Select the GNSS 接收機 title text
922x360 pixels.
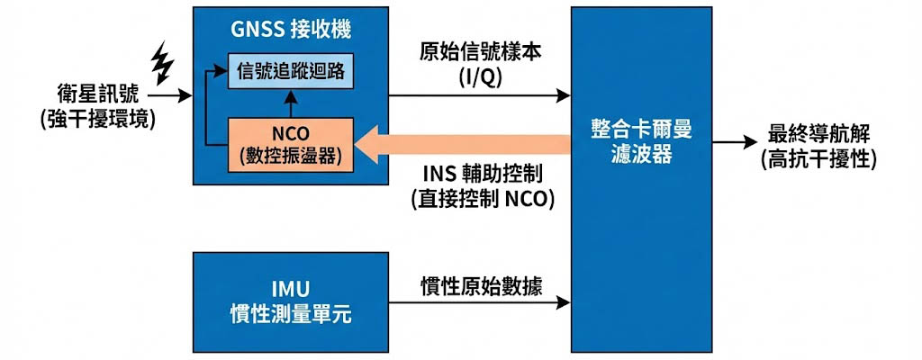click(x=289, y=28)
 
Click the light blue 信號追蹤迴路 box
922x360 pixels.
click(x=289, y=70)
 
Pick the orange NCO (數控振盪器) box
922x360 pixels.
click(x=290, y=143)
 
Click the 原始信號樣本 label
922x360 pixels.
click(x=480, y=53)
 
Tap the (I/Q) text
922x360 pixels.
click(x=480, y=77)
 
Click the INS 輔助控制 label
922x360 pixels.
click(x=480, y=174)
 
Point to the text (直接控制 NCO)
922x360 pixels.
click(x=480, y=199)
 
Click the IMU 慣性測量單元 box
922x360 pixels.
click(x=289, y=301)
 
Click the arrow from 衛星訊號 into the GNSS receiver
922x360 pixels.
click(x=171, y=94)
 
